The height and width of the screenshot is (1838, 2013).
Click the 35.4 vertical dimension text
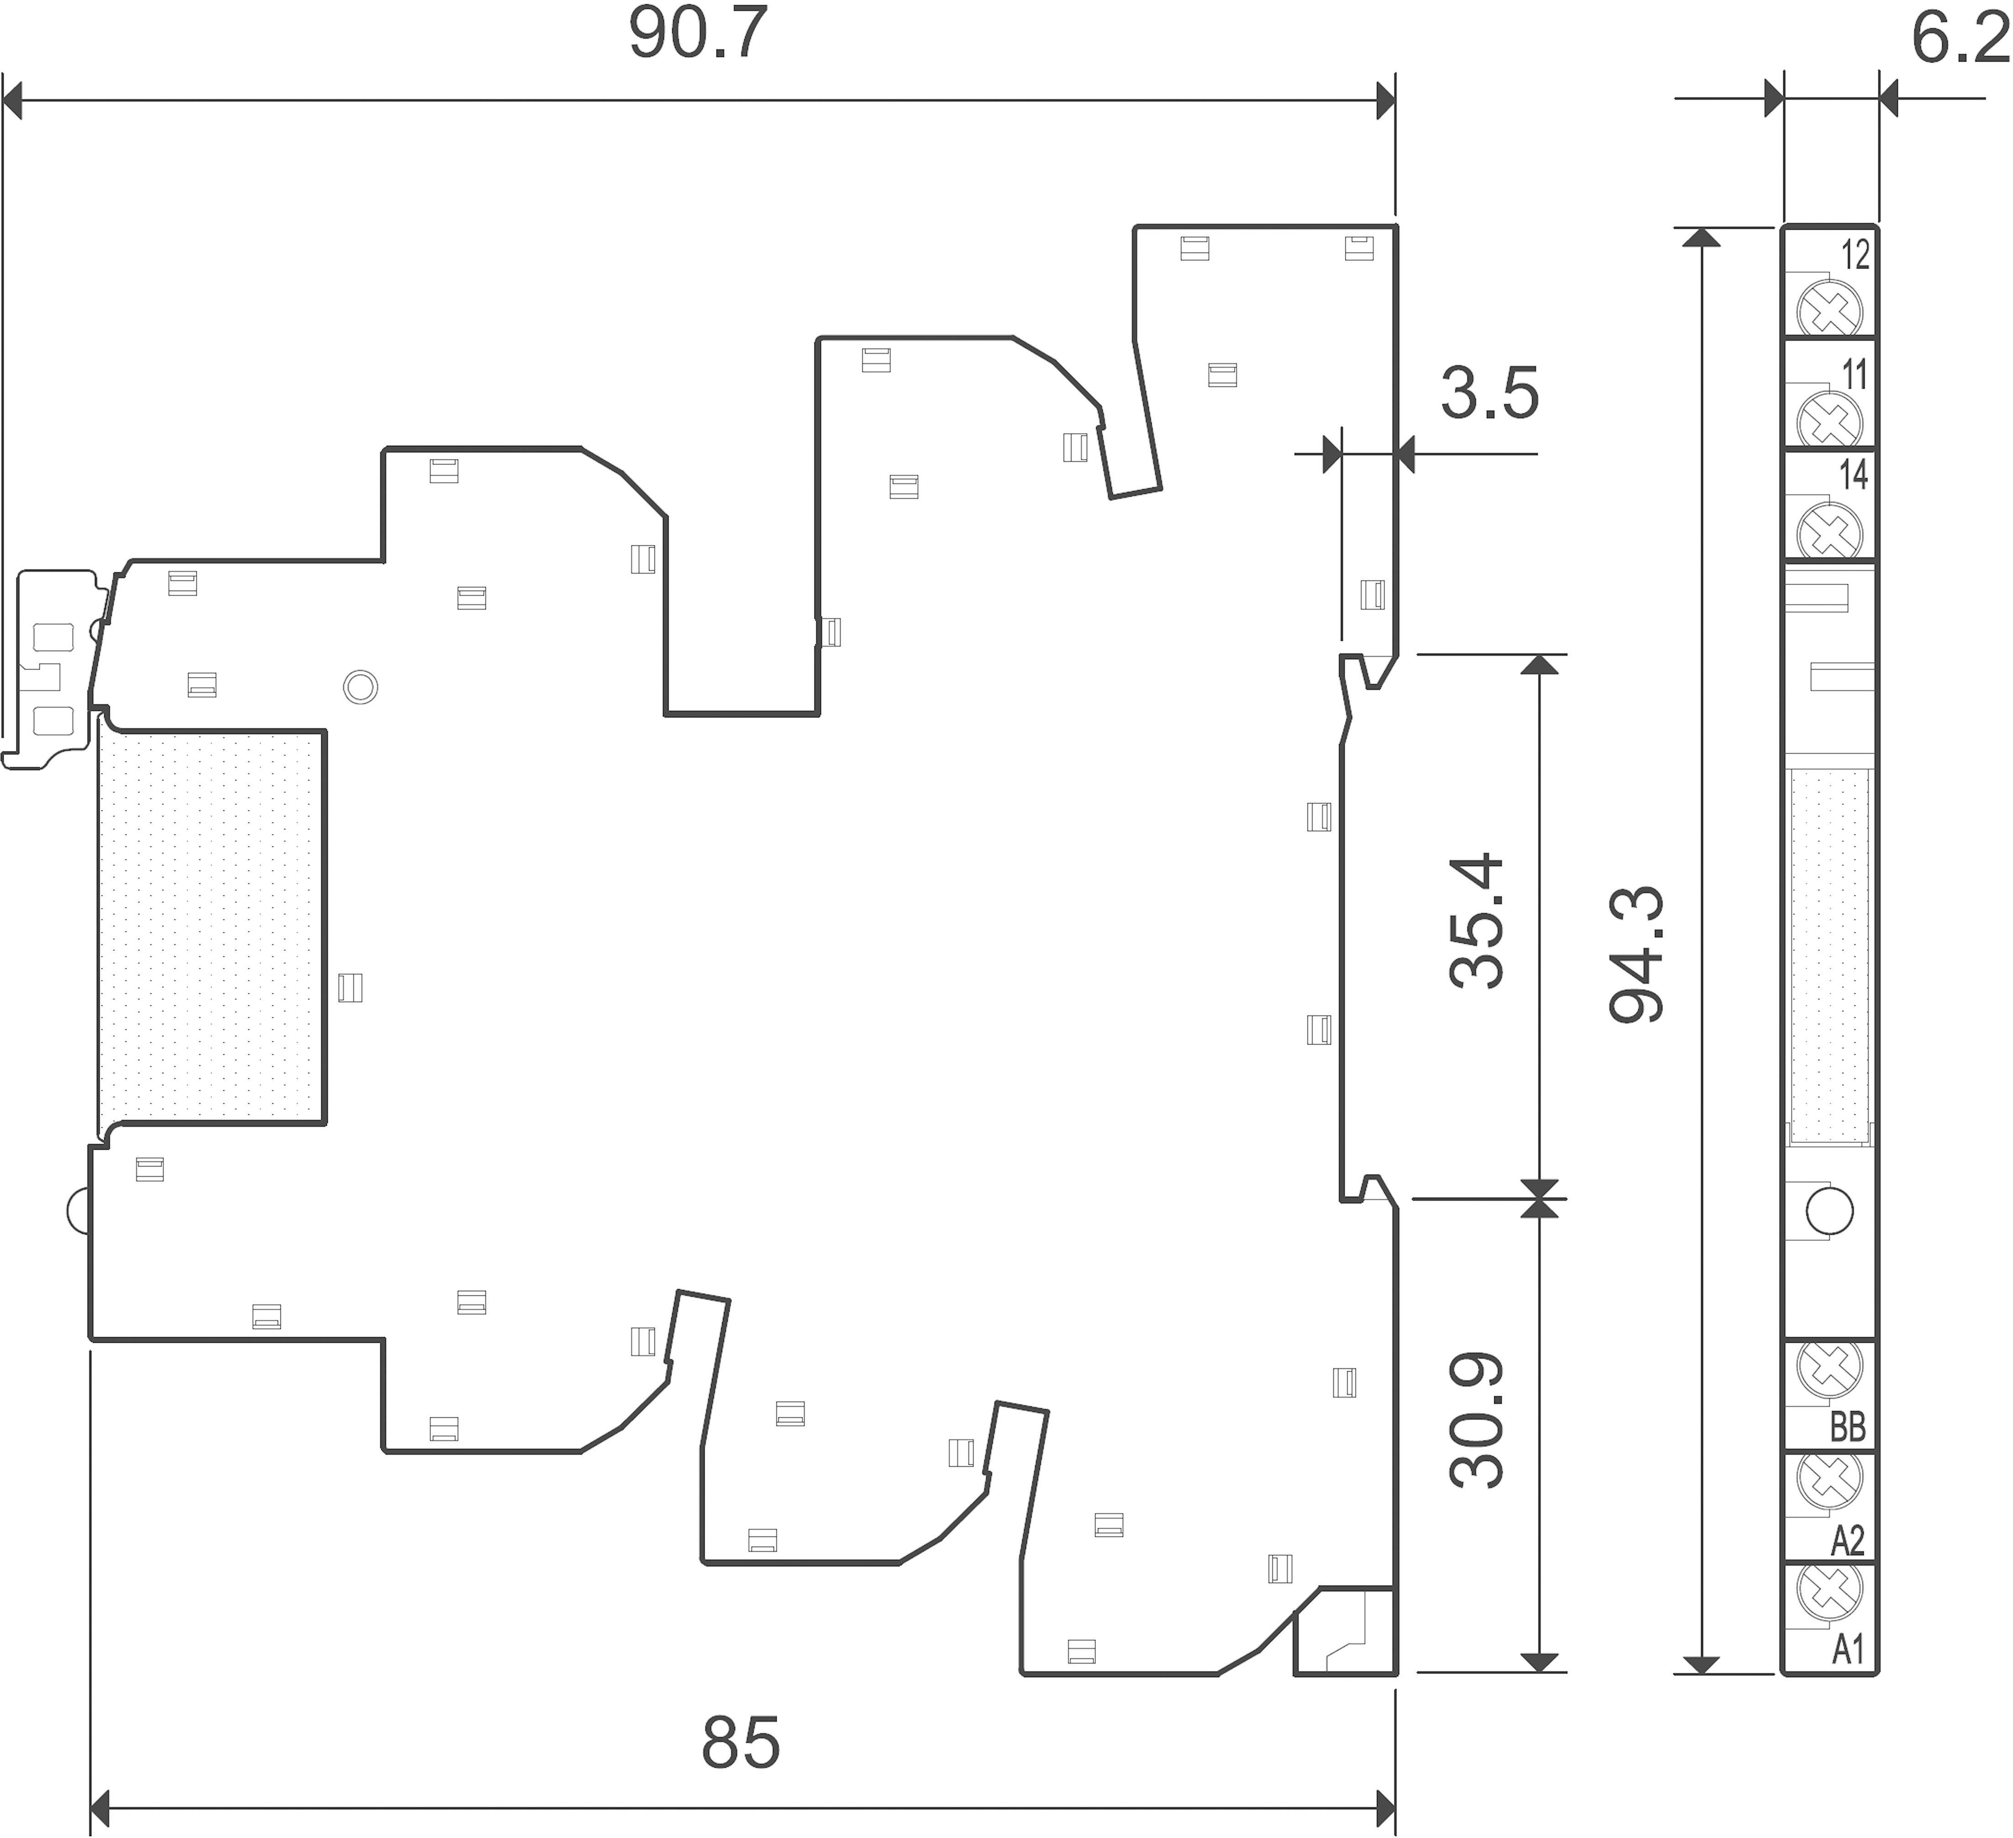pos(1476,920)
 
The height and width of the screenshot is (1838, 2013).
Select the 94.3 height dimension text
pos(1636,954)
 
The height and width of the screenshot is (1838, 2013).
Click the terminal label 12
pos(1855,256)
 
